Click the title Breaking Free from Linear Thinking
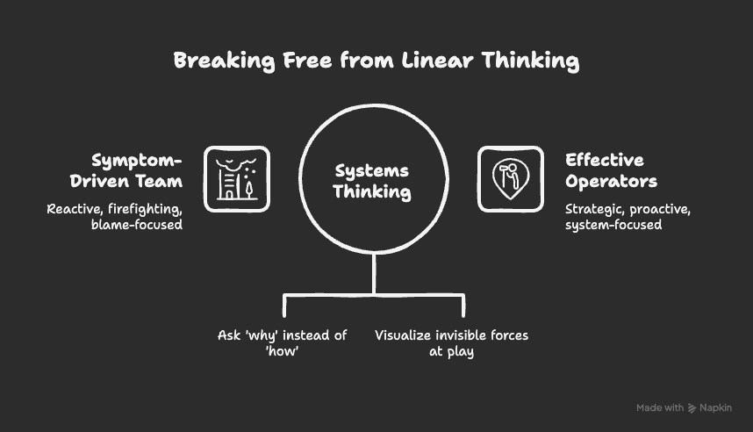coord(376,61)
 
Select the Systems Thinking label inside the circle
coord(373,181)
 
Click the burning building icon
coord(237,179)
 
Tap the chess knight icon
coord(510,179)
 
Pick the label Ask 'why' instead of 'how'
coord(283,343)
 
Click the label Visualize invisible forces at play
coord(451,343)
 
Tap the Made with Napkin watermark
coord(684,407)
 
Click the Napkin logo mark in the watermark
coord(692,407)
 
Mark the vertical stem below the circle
coord(374,274)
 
